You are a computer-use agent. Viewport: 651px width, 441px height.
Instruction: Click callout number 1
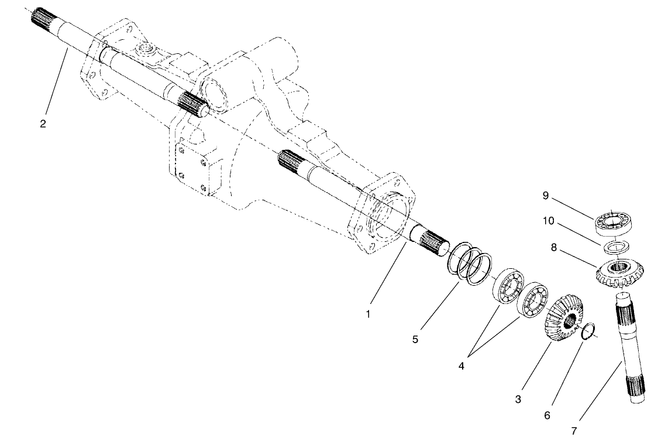(368, 314)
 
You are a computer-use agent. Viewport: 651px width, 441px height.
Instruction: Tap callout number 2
(43, 124)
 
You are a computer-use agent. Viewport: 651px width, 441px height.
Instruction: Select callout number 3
(518, 399)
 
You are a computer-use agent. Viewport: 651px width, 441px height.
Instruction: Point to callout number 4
(461, 367)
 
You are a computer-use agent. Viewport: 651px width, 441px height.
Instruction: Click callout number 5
(415, 339)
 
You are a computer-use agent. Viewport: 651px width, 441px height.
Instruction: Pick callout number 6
(547, 415)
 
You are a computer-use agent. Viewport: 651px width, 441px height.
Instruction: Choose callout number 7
(573, 431)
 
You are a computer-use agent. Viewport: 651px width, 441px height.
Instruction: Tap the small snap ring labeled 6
(590, 331)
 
